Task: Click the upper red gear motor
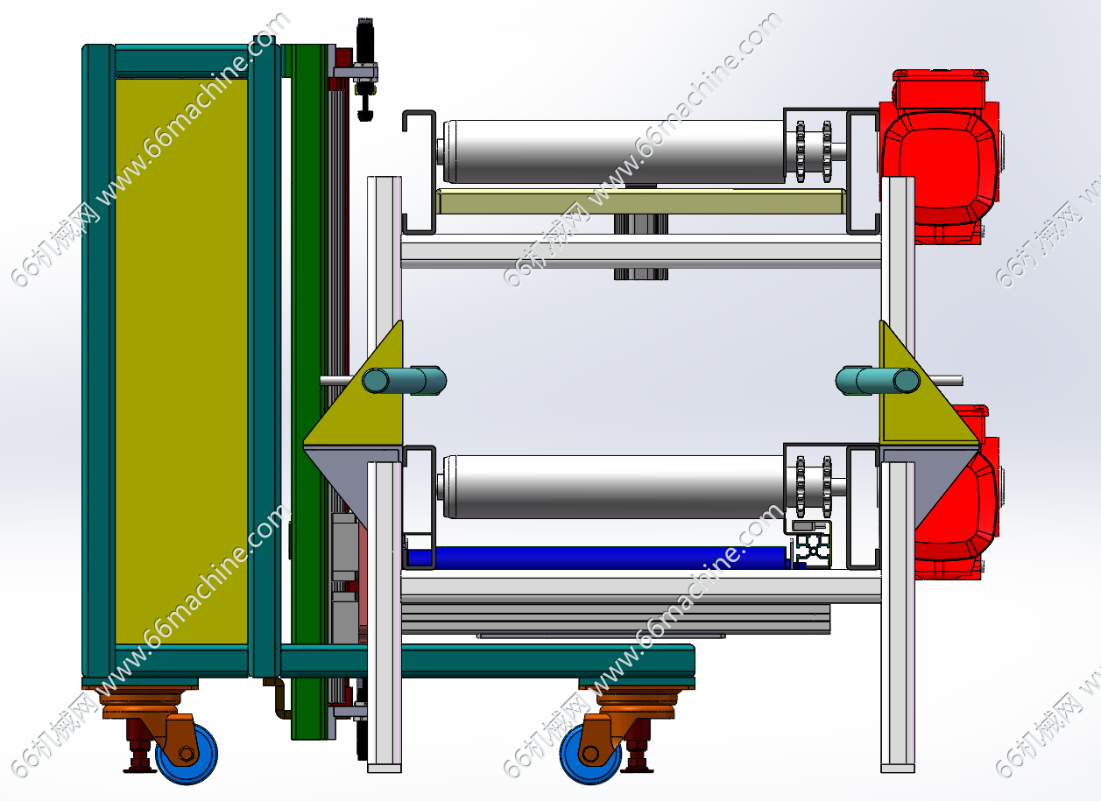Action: (939, 158)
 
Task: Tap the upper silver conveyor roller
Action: (614, 151)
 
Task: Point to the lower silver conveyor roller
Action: (614, 487)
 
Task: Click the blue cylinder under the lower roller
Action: (597, 558)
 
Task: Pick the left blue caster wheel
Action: (187, 754)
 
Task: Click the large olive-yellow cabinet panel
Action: (181, 362)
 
